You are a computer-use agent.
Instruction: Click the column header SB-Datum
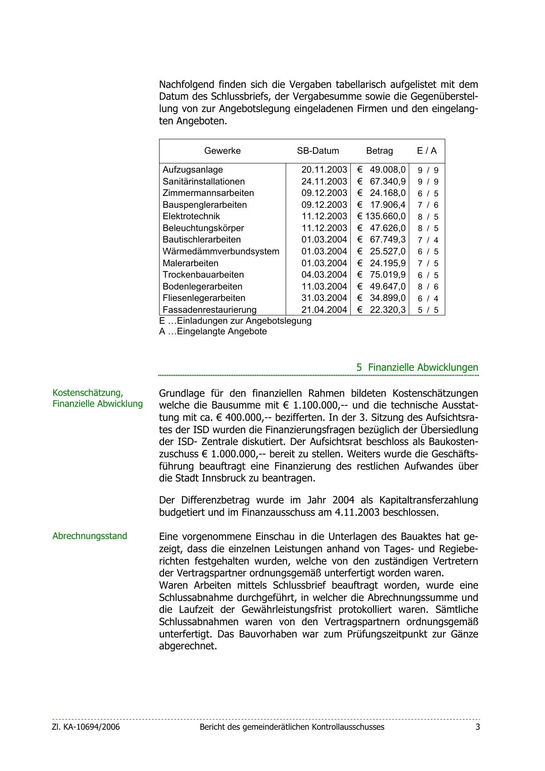coord(318,151)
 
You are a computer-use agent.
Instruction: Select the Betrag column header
coord(379,151)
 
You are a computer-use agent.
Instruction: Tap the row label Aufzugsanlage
coord(193,170)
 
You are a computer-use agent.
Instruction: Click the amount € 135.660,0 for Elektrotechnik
coord(381,216)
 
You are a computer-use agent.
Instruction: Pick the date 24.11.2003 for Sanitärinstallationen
coord(324,181)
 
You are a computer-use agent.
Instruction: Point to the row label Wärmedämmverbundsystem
coord(221,251)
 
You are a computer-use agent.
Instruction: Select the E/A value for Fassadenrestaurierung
coord(428,310)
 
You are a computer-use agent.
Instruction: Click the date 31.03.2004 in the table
coord(324,298)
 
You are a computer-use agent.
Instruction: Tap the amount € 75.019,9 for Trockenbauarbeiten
coord(381,275)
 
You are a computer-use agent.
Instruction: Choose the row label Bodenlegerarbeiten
coord(202,286)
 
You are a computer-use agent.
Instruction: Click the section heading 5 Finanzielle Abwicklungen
coord(417,367)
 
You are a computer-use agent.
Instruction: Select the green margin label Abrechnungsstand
coord(90,536)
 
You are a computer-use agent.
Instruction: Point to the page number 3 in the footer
coord(477,727)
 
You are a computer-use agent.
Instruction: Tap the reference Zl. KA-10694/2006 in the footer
coord(86,727)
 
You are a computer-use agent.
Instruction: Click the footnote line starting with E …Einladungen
coord(235,321)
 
